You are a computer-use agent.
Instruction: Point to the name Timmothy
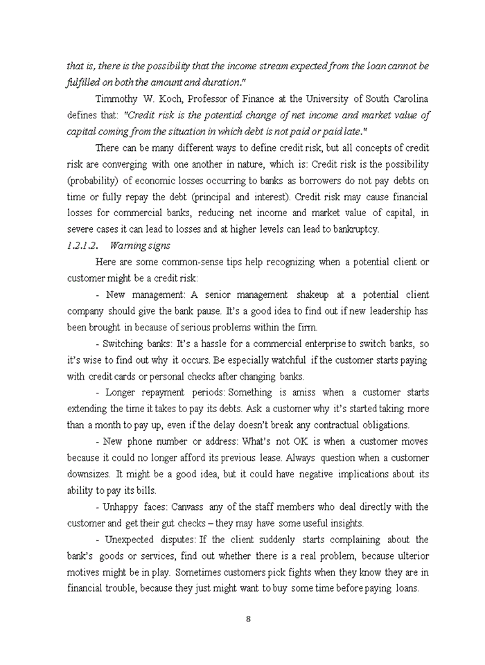[118, 98]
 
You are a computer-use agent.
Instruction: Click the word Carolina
[405, 98]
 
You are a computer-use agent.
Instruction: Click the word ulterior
[407, 556]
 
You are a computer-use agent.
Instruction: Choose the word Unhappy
[121, 507]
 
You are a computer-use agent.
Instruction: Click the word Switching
[126, 344]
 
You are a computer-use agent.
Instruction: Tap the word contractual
[326, 425]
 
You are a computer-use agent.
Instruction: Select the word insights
[339, 524]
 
